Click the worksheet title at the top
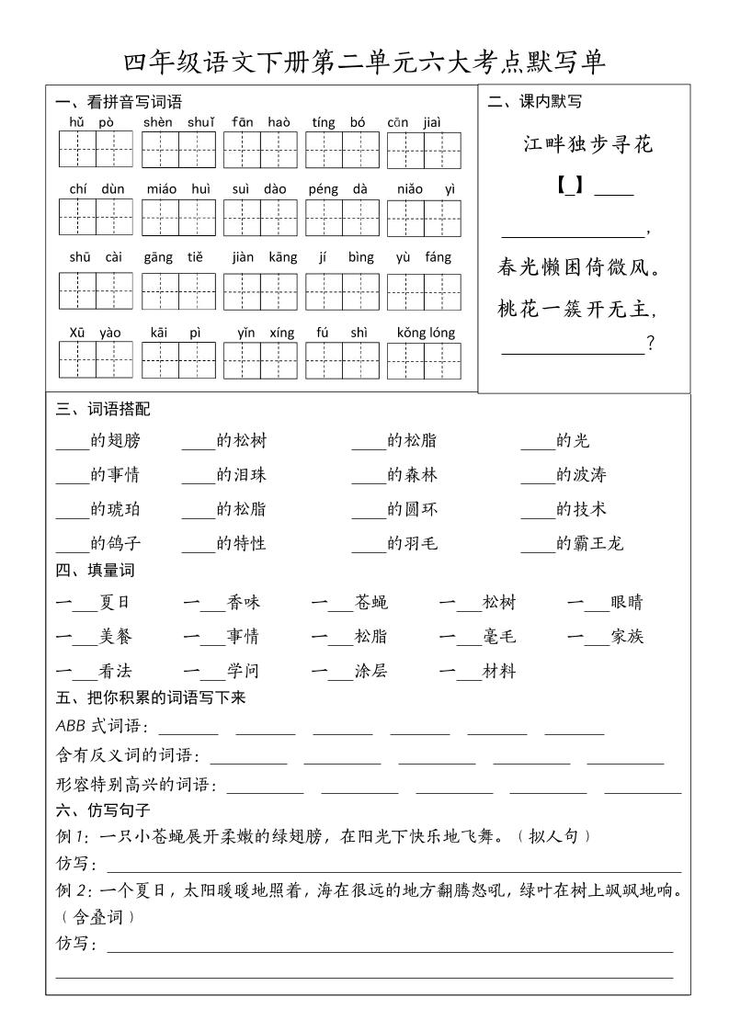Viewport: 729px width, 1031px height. (364, 62)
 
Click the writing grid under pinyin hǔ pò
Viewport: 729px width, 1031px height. (96, 150)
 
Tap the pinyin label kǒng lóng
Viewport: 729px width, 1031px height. (426, 333)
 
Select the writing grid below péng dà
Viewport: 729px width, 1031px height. (342, 218)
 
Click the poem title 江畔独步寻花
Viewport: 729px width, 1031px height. (587, 144)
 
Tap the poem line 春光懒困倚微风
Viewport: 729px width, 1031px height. (579, 268)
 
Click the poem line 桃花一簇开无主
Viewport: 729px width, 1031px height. (579, 309)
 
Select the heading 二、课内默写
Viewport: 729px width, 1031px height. (535, 102)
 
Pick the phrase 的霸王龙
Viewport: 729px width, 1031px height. (589, 543)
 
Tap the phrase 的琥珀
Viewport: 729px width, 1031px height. (115, 509)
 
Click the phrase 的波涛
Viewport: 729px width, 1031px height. (581, 475)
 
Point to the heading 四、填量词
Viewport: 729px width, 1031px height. (96, 570)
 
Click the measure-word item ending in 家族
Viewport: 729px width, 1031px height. (605, 637)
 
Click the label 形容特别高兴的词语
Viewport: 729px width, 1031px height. (135, 785)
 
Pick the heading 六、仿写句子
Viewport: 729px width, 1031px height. (103, 810)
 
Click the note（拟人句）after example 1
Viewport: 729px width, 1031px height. (553, 836)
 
